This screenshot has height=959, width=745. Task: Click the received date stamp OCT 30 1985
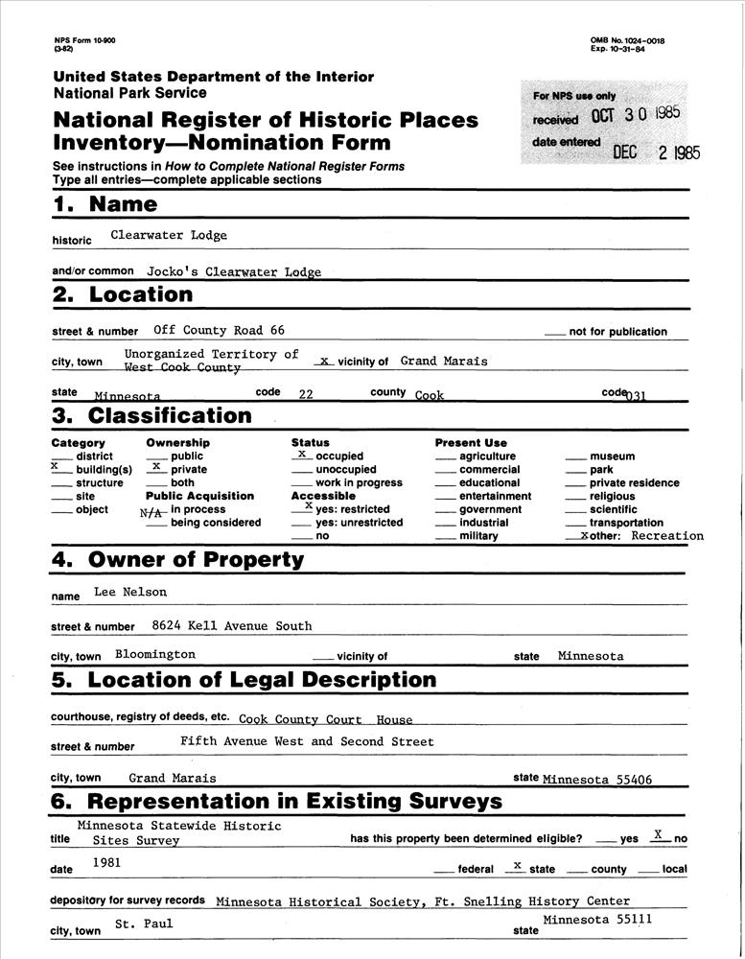(x=636, y=114)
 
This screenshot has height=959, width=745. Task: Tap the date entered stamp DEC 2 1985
(x=657, y=152)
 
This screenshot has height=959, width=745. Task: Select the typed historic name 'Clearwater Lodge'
(x=169, y=235)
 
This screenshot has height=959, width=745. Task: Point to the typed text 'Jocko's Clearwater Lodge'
(x=234, y=271)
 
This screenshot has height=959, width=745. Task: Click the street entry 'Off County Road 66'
(x=219, y=330)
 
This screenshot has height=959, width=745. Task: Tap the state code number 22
(x=307, y=393)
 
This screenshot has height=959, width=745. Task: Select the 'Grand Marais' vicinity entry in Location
(x=444, y=361)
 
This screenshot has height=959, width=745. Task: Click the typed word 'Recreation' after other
(x=667, y=536)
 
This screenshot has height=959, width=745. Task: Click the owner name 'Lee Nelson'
(x=130, y=592)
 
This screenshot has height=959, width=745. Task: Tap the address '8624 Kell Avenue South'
(x=232, y=625)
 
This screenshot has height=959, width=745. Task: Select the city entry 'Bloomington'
(x=154, y=654)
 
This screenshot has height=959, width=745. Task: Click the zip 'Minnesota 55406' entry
(x=596, y=780)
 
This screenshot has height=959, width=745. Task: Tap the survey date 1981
(x=107, y=862)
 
